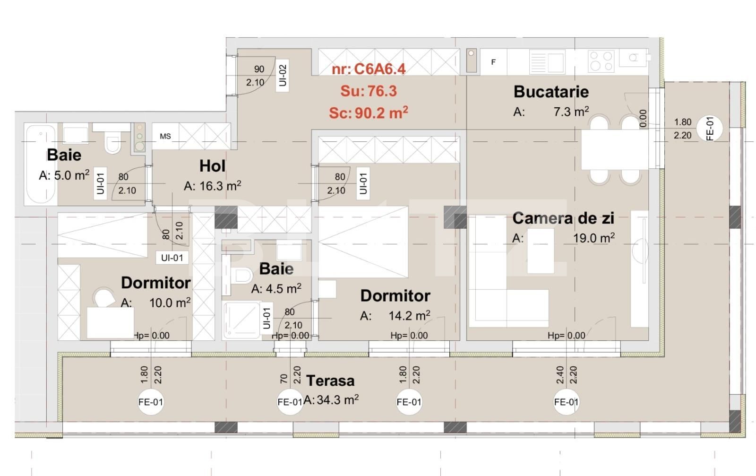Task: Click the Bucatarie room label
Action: (x=551, y=91)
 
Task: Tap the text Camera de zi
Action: (x=563, y=218)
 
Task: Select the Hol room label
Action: (x=212, y=166)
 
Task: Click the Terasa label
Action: (x=330, y=381)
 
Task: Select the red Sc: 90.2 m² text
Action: (x=369, y=113)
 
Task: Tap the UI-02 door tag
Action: (x=283, y=76)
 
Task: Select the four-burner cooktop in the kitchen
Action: (x=601, y=61)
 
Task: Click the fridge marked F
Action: (x=493, y=62)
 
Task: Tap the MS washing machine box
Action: (x=165, y=136)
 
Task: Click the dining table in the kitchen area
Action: (x=614, y=150)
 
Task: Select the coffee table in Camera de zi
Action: (x=540, y=251)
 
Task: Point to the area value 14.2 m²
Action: (x=409, y=315)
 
